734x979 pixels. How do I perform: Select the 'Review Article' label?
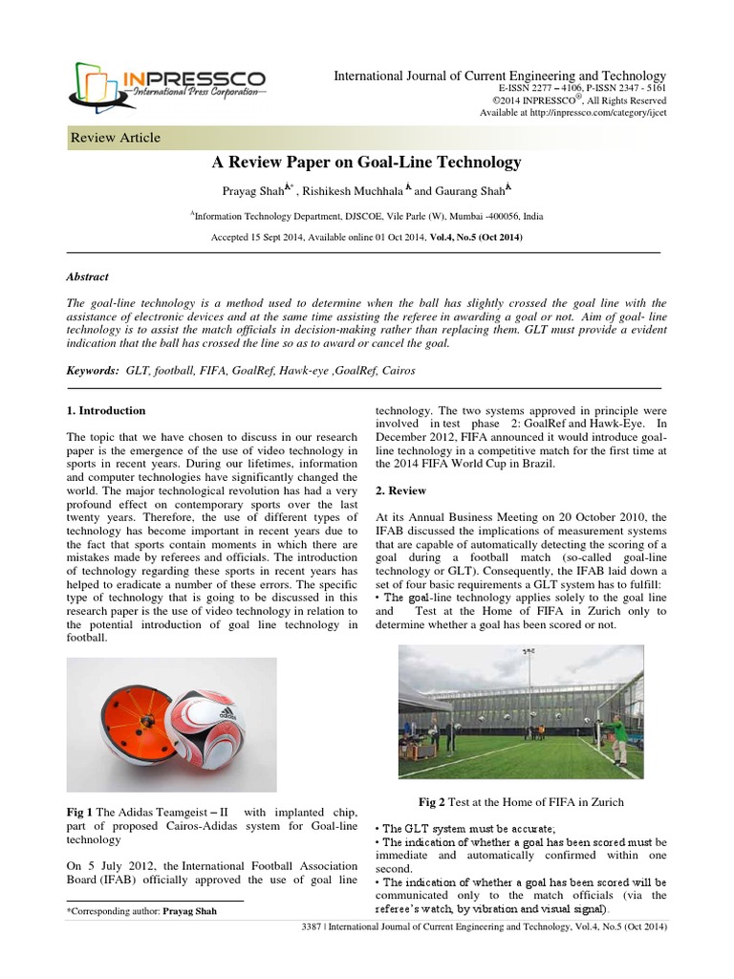(x=116, y=139)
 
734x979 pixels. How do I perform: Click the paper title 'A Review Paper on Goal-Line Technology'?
(x=366, y=163)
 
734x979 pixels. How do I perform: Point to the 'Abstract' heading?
(x=87, y=276)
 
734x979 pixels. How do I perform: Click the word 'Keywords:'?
(x=91, y=368)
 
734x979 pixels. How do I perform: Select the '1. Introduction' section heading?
(x=106, y=410)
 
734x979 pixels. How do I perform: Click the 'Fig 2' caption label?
(x=432, y=800)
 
